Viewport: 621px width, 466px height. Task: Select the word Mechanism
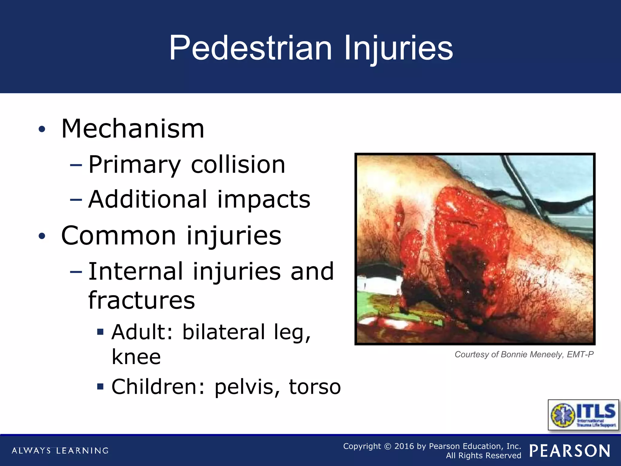133,129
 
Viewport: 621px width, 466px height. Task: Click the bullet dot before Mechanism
42,129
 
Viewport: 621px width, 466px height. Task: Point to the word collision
238,164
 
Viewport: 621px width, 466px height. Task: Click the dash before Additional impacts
76,200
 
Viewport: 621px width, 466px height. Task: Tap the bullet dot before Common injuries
42,236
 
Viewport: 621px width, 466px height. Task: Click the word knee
136,356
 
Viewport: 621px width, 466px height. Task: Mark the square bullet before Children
100,387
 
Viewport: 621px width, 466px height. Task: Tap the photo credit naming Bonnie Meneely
524,354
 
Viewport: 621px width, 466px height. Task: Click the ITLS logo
583,415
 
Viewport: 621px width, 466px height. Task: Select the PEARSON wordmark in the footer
570,451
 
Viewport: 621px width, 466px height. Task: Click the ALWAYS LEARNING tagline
60,451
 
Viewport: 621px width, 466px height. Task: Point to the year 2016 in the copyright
404,446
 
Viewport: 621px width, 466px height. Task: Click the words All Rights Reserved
483,455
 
